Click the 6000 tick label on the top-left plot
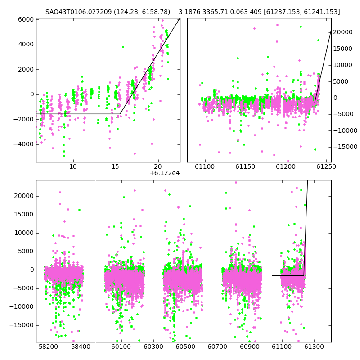pos(26,20)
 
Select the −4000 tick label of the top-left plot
pos(24,144)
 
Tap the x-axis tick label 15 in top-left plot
pos(116,166)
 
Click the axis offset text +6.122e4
pos(165,173)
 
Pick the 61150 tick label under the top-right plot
pos(245,166)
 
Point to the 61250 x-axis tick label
pos(326,166)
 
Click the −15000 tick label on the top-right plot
pos(345,147)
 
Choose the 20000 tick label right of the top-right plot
pos(343,32)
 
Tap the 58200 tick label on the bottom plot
pos(49,346)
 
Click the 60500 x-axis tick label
pos(185,346)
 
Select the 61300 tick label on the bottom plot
pos(314,346)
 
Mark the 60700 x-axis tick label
pos(217,346)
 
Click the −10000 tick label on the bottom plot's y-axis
pos(22,307)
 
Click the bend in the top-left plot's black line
pos(120,114)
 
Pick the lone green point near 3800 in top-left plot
pos(123,47)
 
